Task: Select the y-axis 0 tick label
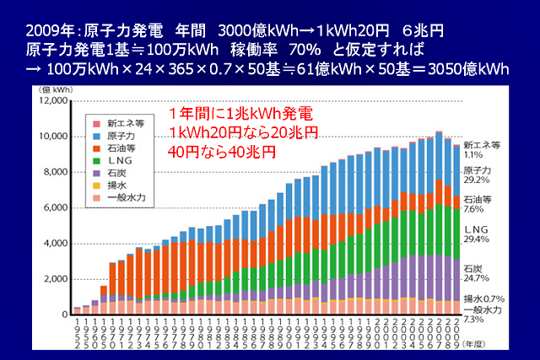coord(64,314)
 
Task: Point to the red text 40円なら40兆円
coord(221,153)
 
